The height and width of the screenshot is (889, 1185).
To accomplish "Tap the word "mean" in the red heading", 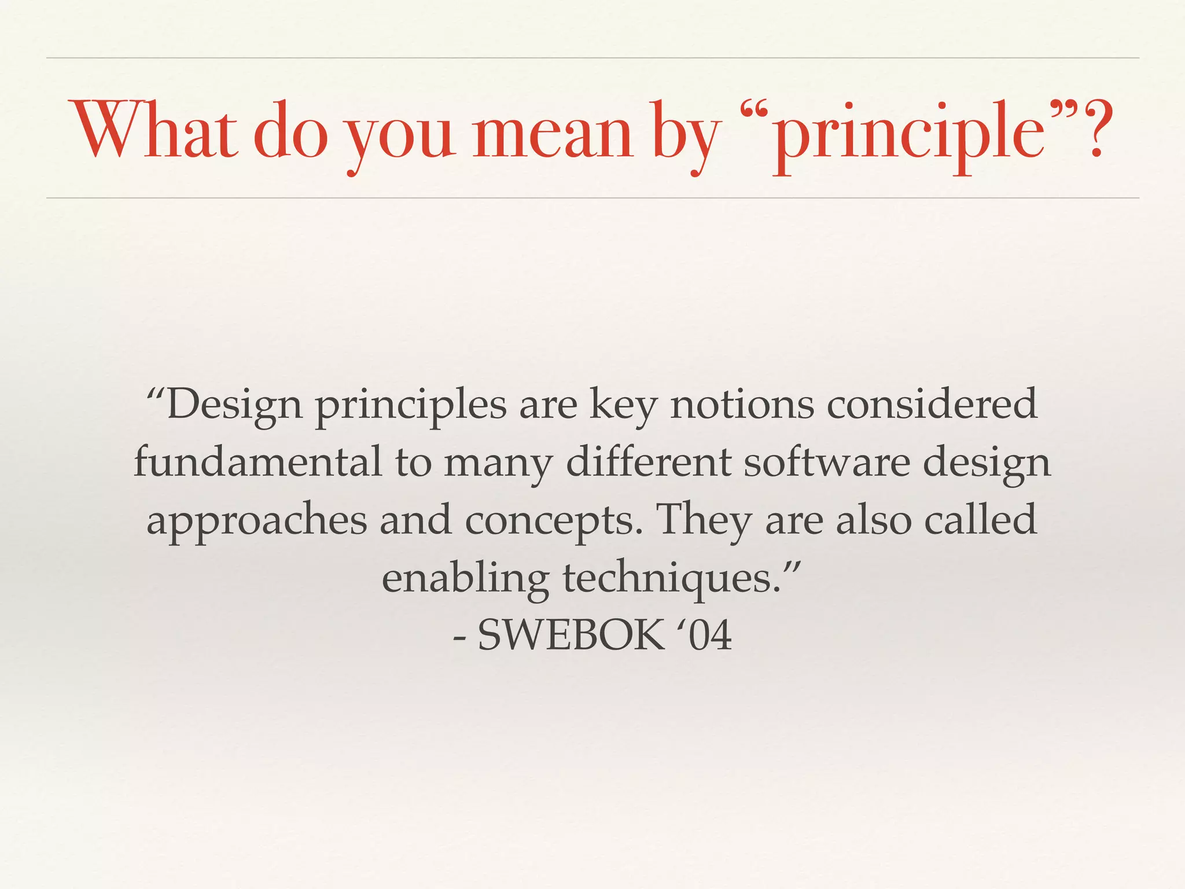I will click(x=552, y=133).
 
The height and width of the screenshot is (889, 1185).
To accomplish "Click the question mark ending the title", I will click(x=1094, y=130).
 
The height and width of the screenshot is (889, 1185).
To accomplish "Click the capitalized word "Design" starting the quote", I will click(x=234, y=406).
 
